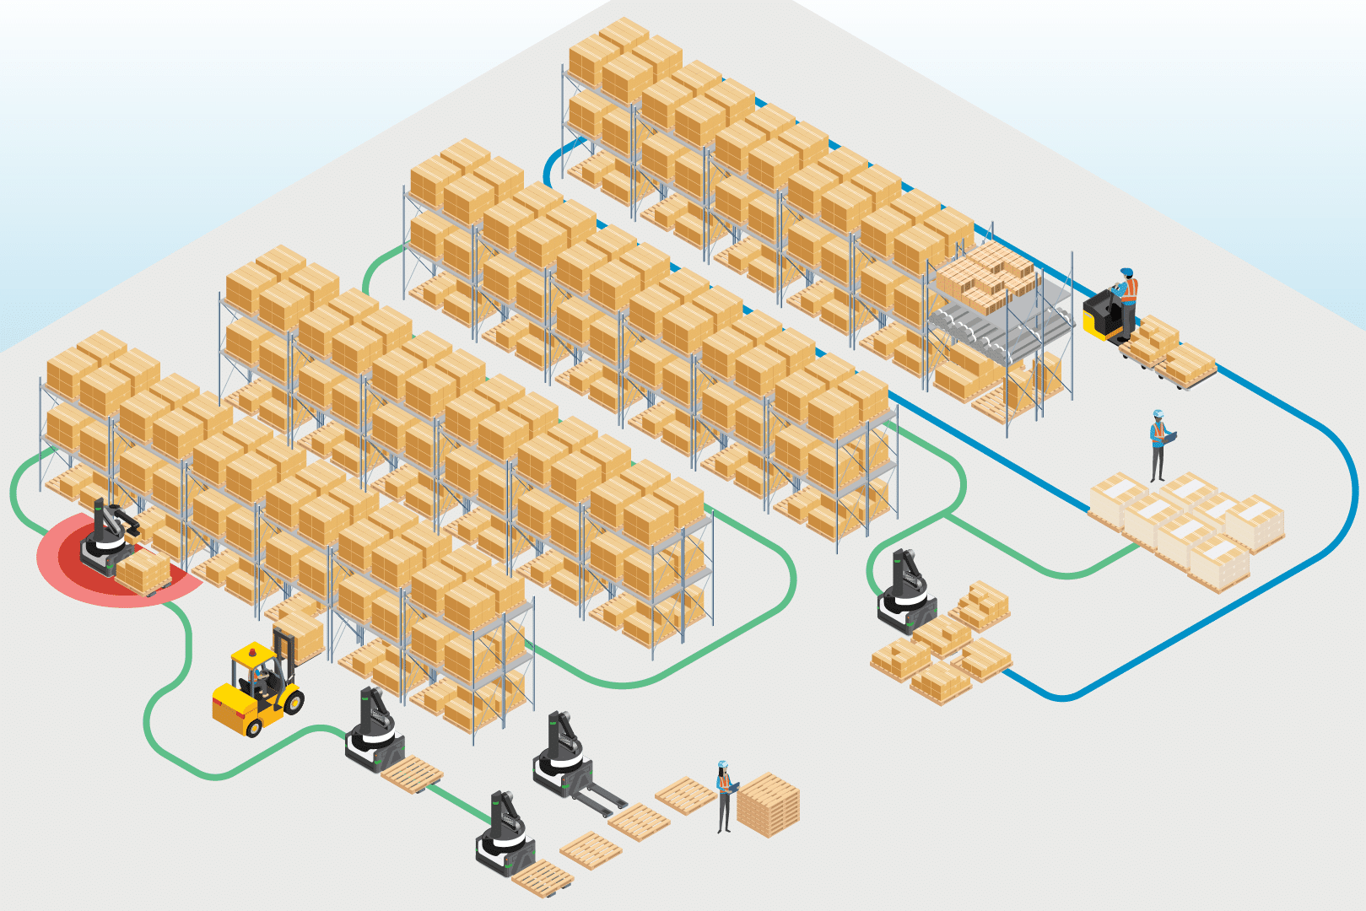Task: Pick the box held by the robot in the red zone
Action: [143, 571]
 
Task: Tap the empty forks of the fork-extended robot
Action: [602, 797]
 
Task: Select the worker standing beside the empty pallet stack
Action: [724, 796]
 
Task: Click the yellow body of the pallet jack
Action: [1098, 315]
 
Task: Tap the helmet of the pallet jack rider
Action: [1126, 273]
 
